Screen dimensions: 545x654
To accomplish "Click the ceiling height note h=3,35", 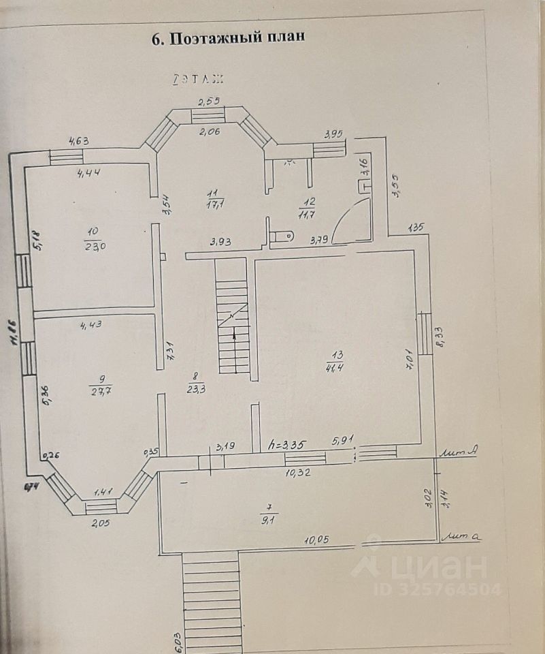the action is pos(288,444).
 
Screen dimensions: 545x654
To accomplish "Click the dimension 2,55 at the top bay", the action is pos(209,102).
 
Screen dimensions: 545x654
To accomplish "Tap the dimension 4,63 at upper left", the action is pos(80,142).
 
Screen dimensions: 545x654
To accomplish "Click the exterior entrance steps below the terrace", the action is pos(212,593).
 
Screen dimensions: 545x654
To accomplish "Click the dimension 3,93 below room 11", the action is pos(221,241).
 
